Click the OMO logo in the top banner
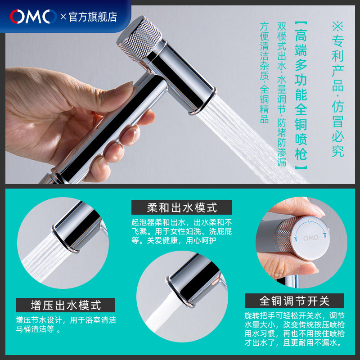33,17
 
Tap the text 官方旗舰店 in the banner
93,17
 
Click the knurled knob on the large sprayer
139,38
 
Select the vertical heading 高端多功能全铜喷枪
301,95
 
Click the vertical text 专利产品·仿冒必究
338,90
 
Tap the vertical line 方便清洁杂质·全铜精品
264,73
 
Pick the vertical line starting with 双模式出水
282,94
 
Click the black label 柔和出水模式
182,207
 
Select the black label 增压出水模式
66,305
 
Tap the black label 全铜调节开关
294,301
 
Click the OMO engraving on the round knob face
311,238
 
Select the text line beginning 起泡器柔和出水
182,222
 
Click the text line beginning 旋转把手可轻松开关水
294,316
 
